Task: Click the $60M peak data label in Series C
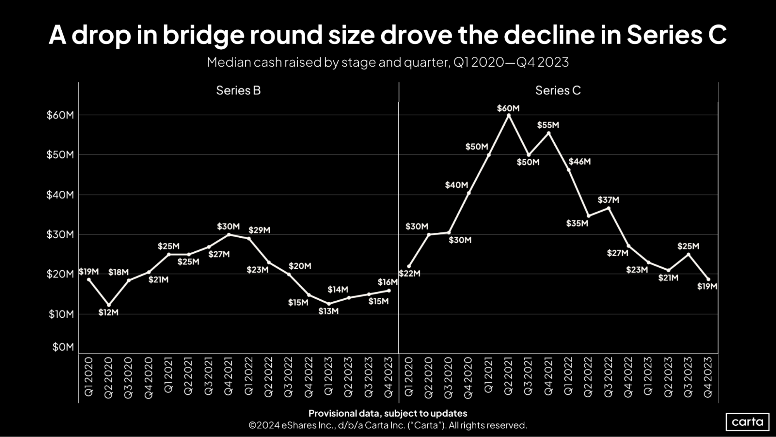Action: click(x=508, y=108)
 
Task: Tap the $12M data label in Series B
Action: click(x=108, y=312)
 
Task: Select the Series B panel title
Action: click(x=238, y=91)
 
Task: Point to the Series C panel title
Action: click(x=558, y=91)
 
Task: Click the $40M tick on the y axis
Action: click(x=60, y=195)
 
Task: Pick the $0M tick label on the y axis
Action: click(x=63, y=347)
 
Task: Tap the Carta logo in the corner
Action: click(x=747, y=422)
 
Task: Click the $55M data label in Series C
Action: click(x=548, y=125)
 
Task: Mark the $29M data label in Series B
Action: click(x=259, y=230)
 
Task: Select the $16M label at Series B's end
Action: click(x=387, y=282)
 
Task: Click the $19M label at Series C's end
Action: click(x=707, y=287)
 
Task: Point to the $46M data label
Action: click(x=579, y=162)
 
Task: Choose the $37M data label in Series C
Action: click(x=608, y=200)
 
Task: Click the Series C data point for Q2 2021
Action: click(x=509, y=115)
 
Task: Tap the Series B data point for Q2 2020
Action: click(x=109, y=305)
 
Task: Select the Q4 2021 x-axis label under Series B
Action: click(x=229, y=376)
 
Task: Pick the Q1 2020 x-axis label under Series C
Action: click(x=409, y=376)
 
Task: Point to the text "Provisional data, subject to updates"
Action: click(x=388, y=413)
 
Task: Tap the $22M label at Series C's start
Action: click(x=410, y=273)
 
